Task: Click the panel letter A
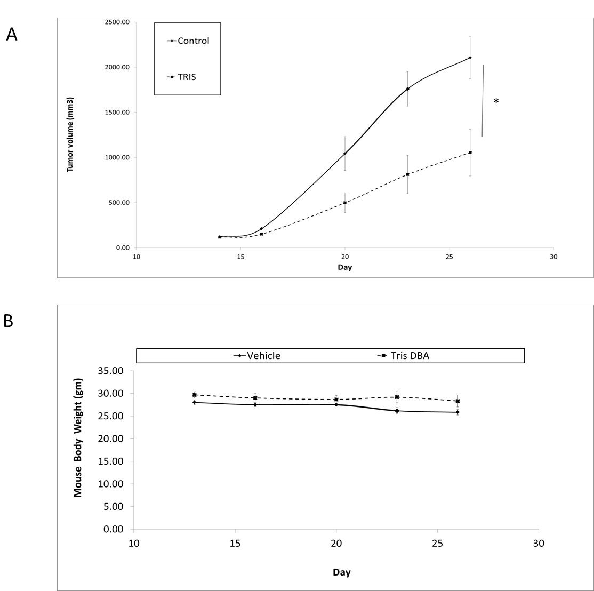[12, 34]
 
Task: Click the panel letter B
[9, 321]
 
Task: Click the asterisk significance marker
[496, 101]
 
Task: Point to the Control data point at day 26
[470, 58]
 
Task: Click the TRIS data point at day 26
[470, 153]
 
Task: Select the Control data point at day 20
[345, 154]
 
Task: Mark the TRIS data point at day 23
[407, 174]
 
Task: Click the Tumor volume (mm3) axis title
[70, 134]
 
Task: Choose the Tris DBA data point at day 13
[195, 395]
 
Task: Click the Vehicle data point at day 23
[397, 411]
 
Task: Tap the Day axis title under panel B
[342, 572]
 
